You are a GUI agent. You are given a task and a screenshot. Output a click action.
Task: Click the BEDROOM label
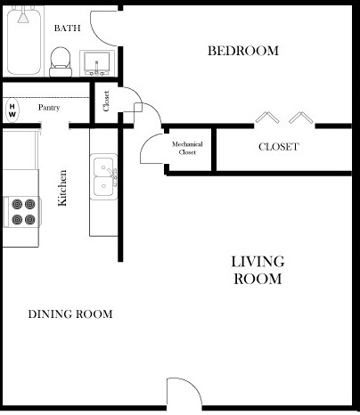(243, 51)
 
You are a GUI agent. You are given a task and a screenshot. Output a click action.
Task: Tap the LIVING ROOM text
(258, 270)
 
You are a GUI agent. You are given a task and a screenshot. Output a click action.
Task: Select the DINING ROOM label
(70, 314)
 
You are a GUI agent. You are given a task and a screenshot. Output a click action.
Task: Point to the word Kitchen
(62, 188)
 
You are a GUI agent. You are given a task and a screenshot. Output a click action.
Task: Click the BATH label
(67, 28)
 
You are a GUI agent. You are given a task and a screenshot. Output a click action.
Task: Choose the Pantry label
(49, 108)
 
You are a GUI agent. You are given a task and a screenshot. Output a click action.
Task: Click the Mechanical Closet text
(187, 148)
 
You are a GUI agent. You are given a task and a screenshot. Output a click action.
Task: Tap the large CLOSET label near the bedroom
(278, 147)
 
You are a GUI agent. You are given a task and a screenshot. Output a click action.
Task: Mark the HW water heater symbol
(12, 110)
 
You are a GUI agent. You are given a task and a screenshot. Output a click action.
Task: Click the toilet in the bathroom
(61, 61)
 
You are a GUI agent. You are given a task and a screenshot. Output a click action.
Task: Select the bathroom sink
(97, 63)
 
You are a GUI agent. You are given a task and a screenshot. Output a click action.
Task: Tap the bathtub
(24, 41)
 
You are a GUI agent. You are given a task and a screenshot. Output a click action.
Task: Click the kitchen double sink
(103, 177)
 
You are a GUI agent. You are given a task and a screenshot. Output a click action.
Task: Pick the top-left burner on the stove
(17, 204)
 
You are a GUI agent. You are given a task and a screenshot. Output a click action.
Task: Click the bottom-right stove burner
(30, 220)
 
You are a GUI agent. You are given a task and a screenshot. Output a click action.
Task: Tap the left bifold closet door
(267, 117)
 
